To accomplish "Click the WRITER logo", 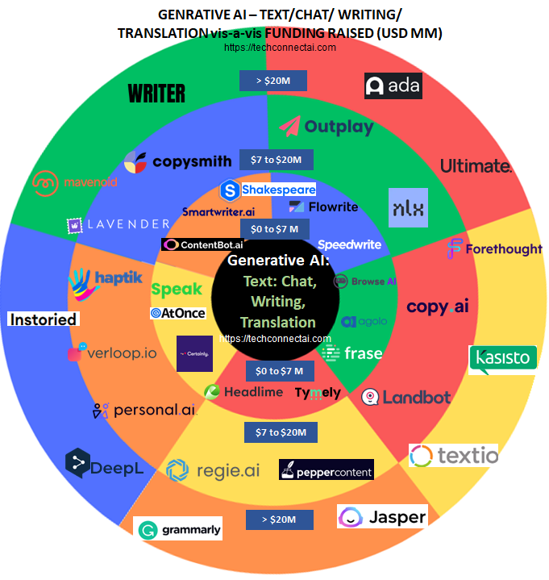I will click(x=157, y=94).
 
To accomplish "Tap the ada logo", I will click(x=393, y=86).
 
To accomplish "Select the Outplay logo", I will click(x=327, y=127).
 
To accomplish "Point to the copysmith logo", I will click(x=178, y=161).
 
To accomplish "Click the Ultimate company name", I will click(x=476, y=166).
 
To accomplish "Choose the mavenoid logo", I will click(x=75, y=182).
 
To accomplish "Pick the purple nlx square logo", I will click(x=408, y=207).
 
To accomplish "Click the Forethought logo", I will click(x=494, y=248).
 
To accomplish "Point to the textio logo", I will click(x=454, y=456).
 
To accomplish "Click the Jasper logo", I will click(x=382, y=516).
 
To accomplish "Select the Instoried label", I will click(x=43, y=319).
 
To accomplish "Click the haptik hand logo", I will click(x=84, y=282).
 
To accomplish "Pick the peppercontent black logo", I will click(x=326, y=470).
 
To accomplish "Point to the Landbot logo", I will click(x=395, y=396).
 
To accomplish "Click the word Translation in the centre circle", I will click(x=277, y=322).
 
